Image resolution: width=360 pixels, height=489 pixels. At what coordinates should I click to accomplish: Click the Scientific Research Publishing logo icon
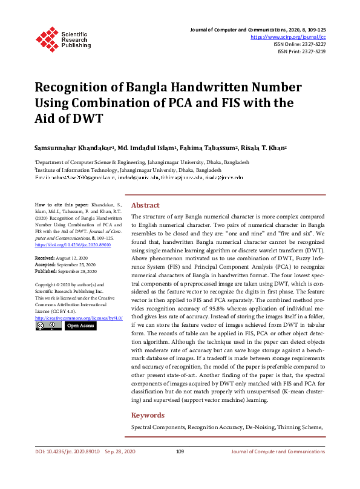pyautogui.click(x=47, y=38)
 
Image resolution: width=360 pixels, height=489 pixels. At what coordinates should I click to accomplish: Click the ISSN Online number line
pyautogui.click(x=299, y=44)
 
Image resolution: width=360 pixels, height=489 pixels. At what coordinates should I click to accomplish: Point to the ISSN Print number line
pyautogui.click(x=301, y=52)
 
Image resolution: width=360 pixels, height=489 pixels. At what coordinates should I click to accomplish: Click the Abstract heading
pyautogui.click(x=145, y=205)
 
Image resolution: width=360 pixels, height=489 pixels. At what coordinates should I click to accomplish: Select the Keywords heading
pyautogui.click(x=148, y=415)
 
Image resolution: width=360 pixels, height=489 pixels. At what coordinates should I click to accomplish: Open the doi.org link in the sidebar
pyautogui.click(x=68, y=246)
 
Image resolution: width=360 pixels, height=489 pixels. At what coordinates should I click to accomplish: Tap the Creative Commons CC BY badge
pyautogui.click(x=48, y=326)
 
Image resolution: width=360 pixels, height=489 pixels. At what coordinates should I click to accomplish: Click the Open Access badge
pyautogui.click(x=80, y=326)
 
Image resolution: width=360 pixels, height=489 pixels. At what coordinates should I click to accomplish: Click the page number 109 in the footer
pyautogui.click(x=180, y=451)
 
